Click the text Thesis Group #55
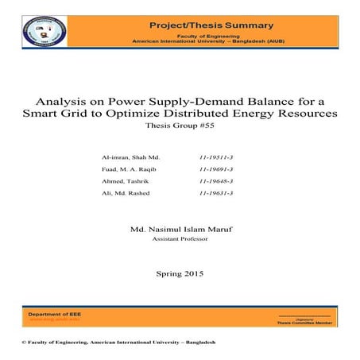point(180,127)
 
